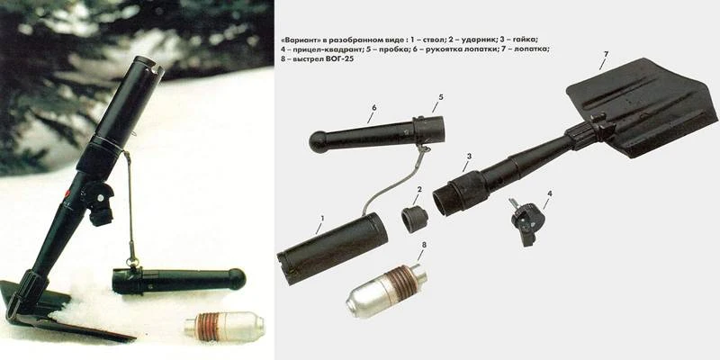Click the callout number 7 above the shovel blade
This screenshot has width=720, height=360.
pyautogui.click(x=606, y=55)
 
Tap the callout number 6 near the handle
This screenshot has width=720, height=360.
pyautogui.click(x=374, y=107)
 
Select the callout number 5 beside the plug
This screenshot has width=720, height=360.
pyautogui.click(x=440, y=97)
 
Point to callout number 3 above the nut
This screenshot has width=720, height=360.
pyautogui.click(x=469, y=156)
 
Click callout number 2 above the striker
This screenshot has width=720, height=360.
pyautogui.click(x=419, y=189)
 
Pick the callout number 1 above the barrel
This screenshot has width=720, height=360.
pyautogui.click(x=322, y=218)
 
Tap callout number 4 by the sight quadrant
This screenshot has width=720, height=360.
pyautogui.click(x=550, y=193)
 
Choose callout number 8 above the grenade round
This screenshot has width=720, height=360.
pyautogui.click(x=424, y=245)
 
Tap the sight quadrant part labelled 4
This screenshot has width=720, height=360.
pyautogui.click(x=526, y=220)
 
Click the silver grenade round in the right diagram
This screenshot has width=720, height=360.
pyautogui.click(x=387, y=291)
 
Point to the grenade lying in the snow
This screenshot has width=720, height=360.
pyautogui.click(x=225, y=326)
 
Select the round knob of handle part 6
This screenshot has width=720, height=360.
pyautogui.click(x=319, y=142)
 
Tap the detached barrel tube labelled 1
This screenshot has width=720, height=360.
pyautogui.click(x=332, y=248)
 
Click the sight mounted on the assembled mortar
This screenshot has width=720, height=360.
pyautogui.click(x=98, y=202)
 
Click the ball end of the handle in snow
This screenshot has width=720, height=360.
pyautogui.click(x=237, y=279)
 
